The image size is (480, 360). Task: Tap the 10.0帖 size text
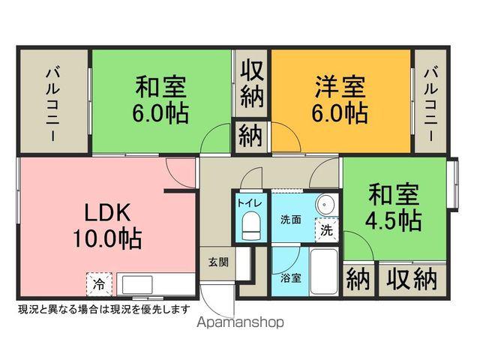point(106,239)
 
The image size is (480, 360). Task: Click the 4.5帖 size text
point(393,220)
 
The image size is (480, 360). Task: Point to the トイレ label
point(250,202)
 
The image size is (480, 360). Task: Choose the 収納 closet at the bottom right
point(412,280)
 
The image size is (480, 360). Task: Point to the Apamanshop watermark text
point(240,324)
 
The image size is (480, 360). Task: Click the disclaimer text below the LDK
point(103,308)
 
